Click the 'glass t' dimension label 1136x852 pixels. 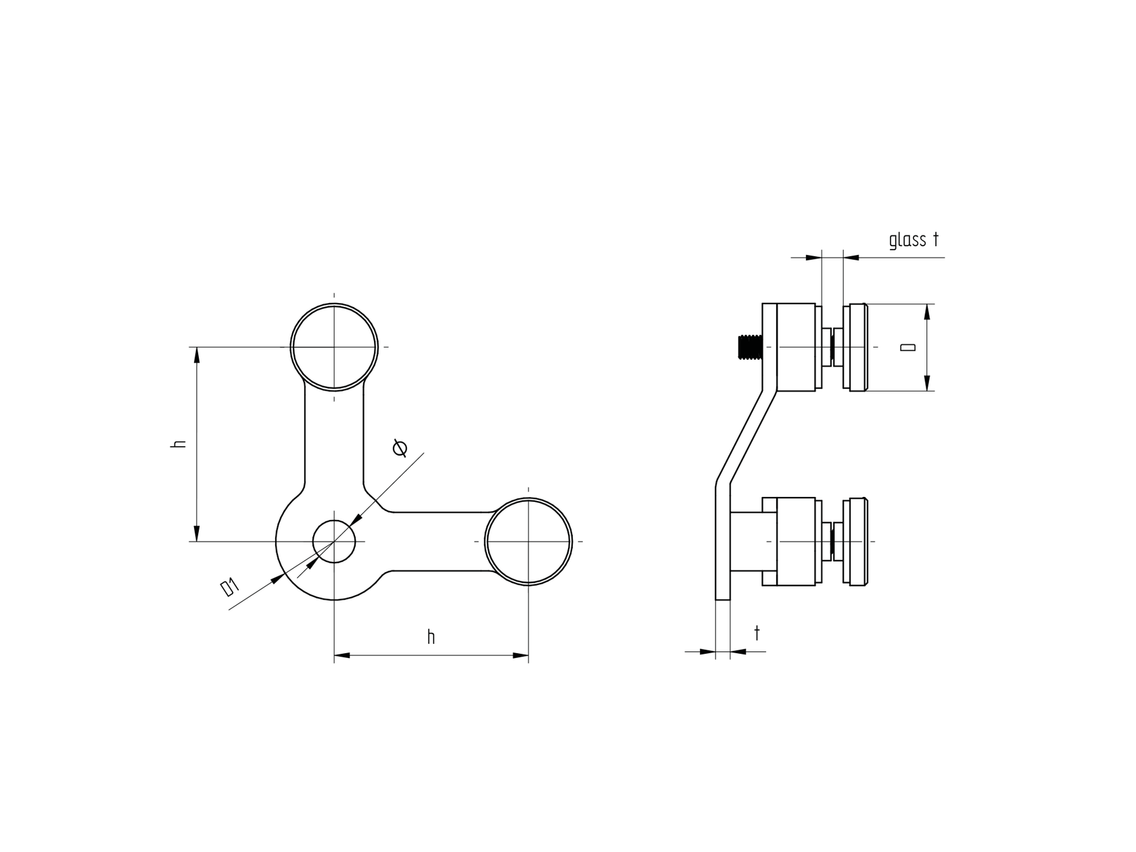click(914, 239)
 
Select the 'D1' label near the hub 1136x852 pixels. click(230, 587)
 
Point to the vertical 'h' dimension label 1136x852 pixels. click(179, 444)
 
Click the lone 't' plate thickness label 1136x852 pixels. click(757, 634)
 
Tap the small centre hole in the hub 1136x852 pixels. click(334, 541)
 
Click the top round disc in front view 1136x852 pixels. click(334, 347)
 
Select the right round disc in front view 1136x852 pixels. click(529, 542)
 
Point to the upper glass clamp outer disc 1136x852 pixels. click(856, 347)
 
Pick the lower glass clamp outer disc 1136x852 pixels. click(856, 542)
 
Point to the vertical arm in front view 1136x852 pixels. click(334, 440)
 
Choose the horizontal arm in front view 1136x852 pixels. click(440, 541)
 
